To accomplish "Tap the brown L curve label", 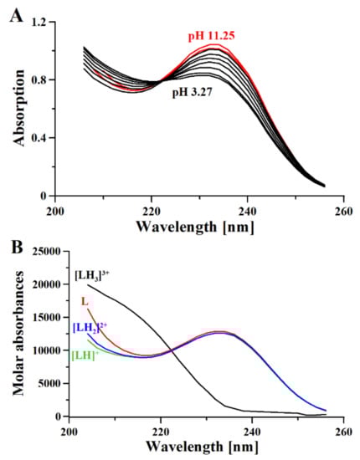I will (x=85, y=300).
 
